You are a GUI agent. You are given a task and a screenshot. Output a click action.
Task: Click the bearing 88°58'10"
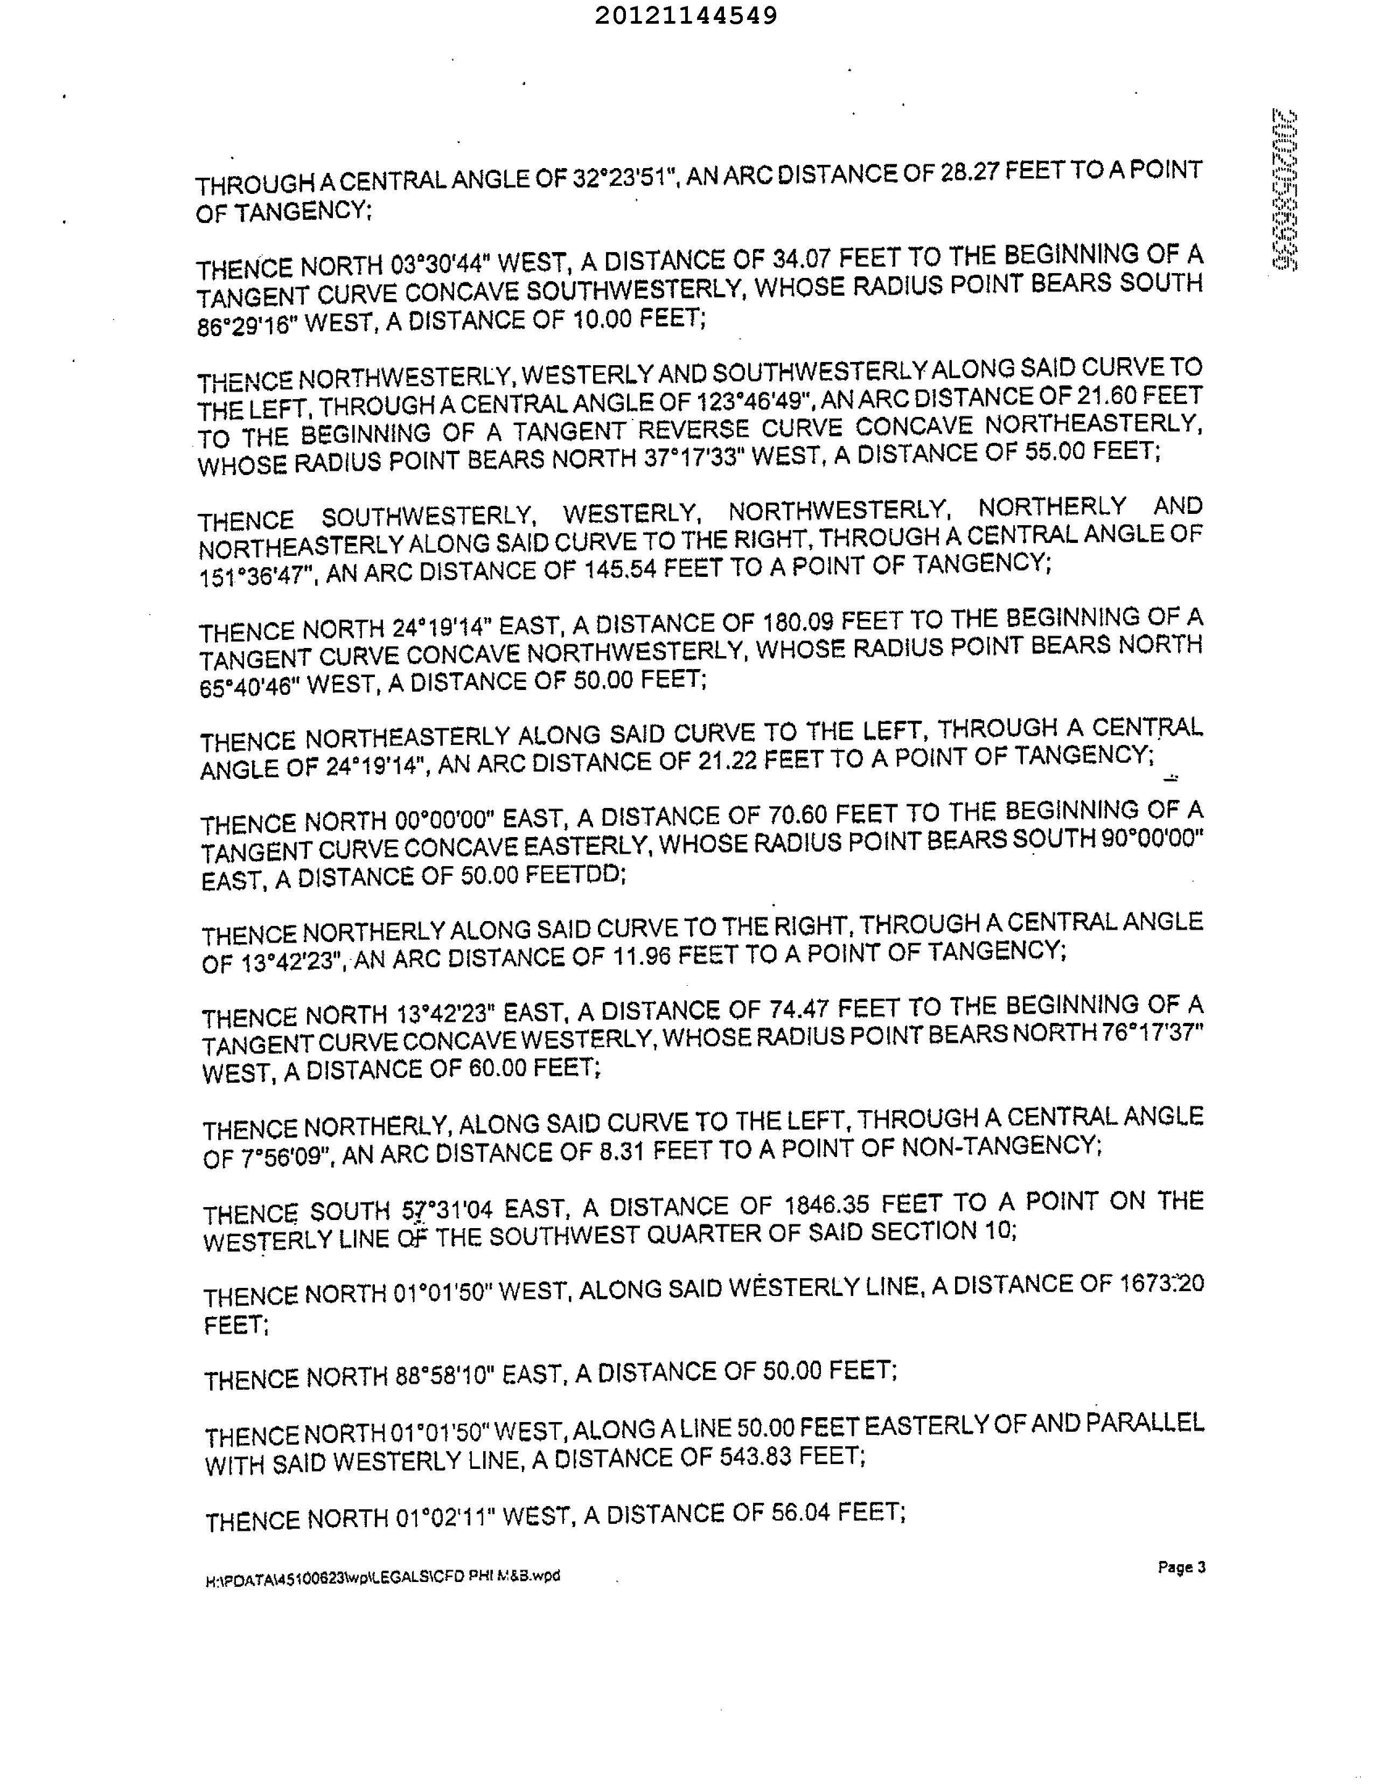(x=442, y=1376)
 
